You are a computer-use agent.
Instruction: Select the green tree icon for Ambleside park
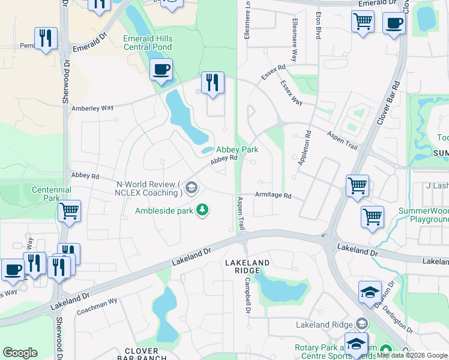click(x=203, y=209)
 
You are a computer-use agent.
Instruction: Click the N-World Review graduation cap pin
click(x=191, y=188)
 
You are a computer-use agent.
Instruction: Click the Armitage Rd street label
click(x=273, y=196)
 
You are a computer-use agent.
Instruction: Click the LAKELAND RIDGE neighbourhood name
click(x=247, y=267)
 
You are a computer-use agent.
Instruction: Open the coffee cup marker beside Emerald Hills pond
click(x=161, y=71)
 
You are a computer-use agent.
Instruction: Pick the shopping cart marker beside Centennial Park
click(x=69, y=211)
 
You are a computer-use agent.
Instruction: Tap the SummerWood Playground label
click(x=423, y=215)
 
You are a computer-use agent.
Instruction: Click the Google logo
click(x=20, y=353)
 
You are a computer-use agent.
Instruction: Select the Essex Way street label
click(x=292, y=93)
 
